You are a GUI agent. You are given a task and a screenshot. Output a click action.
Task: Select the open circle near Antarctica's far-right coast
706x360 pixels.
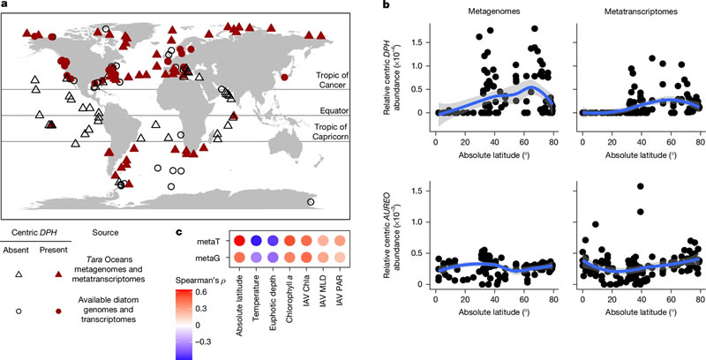pos(310,202)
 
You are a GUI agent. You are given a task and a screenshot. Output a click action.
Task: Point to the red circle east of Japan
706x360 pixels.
pos(284,78)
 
